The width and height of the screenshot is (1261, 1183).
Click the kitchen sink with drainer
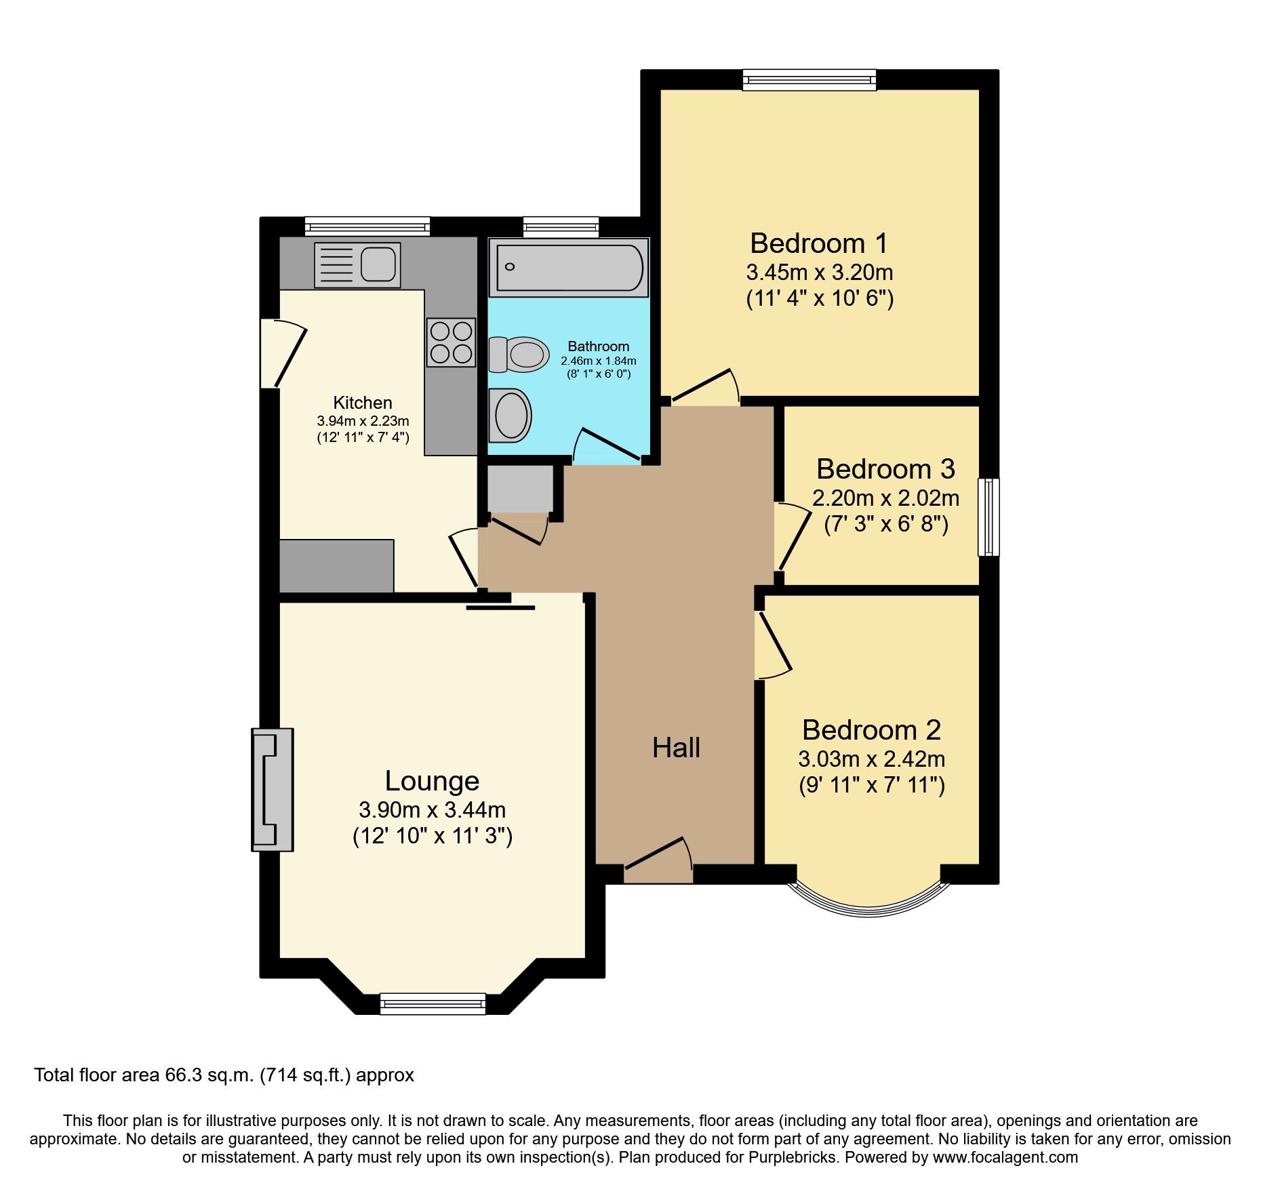click(357, 265)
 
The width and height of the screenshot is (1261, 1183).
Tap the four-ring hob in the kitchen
click(451, 342)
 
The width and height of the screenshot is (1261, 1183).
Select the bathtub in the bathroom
click(569, 268)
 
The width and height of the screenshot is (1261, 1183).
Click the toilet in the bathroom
click(519, 355)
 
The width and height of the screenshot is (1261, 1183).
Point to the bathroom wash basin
click(510, 415)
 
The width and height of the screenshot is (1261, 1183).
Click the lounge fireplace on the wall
click(273, 789)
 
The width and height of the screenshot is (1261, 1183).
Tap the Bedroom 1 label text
click(818, 243)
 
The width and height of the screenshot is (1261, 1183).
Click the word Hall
click(675, 748)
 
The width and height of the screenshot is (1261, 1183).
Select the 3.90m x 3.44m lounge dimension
click(432, 809)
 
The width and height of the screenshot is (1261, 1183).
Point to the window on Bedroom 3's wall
click(988, 517)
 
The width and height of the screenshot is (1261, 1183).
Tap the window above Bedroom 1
click(809, 81)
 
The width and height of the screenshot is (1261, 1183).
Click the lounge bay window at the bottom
click(433, 1003)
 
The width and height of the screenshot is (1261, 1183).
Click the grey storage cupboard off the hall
click(519, 488)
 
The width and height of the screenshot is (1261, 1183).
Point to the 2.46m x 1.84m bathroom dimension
click(598, 361)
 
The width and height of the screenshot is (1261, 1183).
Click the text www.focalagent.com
click(1005, 1158)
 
